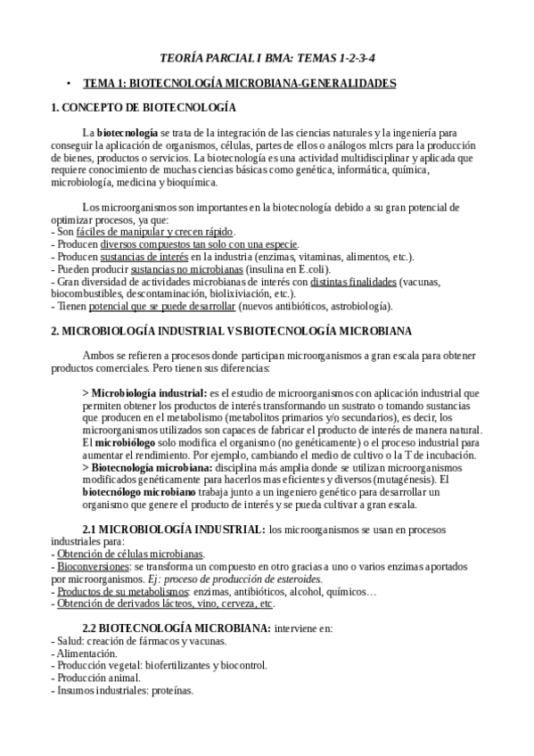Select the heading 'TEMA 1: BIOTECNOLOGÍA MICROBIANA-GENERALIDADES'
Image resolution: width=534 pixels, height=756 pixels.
tap(240, 83)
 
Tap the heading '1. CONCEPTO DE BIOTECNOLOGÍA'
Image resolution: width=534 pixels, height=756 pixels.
tap(144, 109)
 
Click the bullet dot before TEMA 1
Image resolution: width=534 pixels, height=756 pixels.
tap(69, 83)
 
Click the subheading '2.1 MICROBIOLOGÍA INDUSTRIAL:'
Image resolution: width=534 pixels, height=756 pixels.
tap(173, 529)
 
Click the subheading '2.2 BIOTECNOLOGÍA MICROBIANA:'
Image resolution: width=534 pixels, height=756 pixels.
tap(176, 628)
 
